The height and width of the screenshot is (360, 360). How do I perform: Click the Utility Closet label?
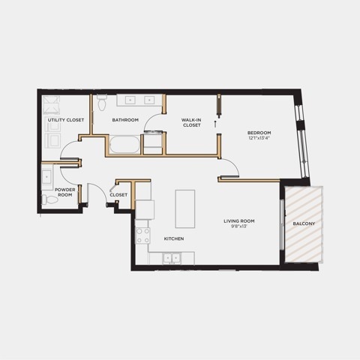[66, 120]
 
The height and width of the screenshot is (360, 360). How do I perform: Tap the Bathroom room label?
[125, 120]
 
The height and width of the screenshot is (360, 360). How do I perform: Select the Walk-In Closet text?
[191, 122]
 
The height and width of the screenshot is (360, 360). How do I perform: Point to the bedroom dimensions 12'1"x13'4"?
[259, 138]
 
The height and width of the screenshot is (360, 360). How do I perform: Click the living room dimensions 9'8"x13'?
[239, 226]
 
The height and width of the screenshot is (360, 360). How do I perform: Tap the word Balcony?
[304, 223]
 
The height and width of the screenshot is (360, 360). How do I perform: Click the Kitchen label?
[174, 238]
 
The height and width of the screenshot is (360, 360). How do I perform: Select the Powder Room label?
[65, 192]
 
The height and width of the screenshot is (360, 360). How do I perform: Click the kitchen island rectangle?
[185, 208]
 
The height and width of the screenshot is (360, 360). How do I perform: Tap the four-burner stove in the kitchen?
[142, 235]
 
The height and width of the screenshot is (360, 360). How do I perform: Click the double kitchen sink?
[172, 258]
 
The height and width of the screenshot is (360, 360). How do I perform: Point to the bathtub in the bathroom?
[124, 144]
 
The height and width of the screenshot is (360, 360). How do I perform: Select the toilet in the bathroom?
[102, 103]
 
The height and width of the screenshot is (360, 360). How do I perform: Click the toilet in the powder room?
[49, 199]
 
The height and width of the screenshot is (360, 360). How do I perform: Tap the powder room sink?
[46, 177]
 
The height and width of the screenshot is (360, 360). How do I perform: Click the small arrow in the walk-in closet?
[214, 124]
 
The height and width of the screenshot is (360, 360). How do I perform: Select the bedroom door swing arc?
[234, 163]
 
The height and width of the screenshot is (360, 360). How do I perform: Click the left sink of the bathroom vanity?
[130, 100]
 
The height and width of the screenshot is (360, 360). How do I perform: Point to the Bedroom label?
[259, 133]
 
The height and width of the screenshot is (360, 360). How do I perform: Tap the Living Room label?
[239, 221]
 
